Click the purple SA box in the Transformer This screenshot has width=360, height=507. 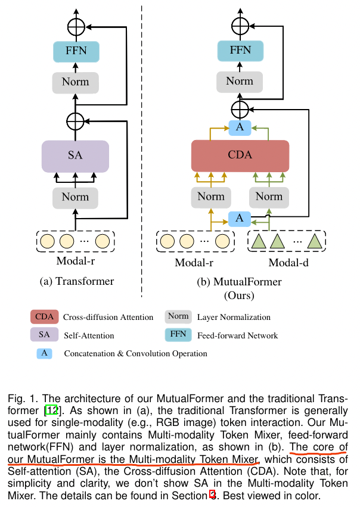coord(75,156)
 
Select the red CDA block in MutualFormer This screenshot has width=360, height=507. coord(240,156)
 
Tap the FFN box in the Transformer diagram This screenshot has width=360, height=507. coord(75,51)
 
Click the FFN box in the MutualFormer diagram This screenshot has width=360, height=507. coord(240,51)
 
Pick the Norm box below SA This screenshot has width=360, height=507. coord(75,197)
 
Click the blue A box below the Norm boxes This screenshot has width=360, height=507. coord(240,219)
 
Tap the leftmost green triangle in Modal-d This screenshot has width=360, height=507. coord(259,241)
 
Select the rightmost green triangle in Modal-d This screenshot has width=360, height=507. coord(314,241)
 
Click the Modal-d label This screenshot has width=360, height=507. coord(289,263)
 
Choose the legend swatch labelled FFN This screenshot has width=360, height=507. coord(178,334)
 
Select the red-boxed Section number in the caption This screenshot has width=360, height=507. coord(212,494)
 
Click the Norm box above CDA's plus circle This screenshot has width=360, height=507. coord(240,81)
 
